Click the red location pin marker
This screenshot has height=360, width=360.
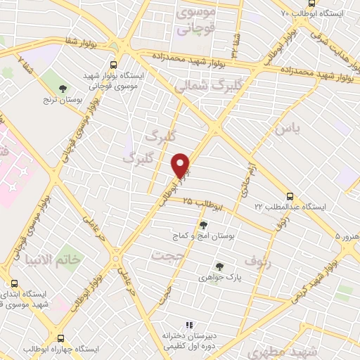click(181, 165)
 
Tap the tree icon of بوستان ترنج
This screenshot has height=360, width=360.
click(63, 89)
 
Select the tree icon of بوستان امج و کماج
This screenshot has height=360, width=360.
click(203, 226)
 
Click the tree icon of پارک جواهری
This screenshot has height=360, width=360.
click(219, 266)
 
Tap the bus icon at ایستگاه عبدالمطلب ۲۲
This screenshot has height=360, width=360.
click(290, 196)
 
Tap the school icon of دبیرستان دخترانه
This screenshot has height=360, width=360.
click(188, 325)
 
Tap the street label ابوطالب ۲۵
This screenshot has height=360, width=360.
click(205, 205)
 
